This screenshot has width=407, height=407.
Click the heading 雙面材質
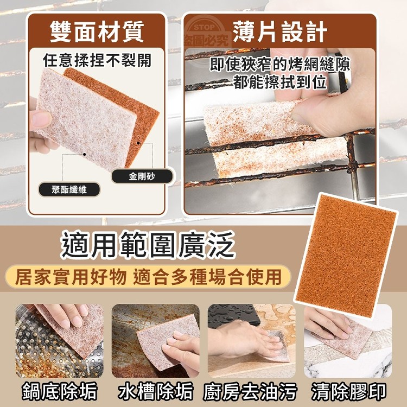click(97, 31)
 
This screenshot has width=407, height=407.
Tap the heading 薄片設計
click(280, 31)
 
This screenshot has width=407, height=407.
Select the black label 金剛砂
click(142, 176)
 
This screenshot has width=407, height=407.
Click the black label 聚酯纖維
click(69, 190)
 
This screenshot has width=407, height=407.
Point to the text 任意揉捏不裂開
click(97, 61)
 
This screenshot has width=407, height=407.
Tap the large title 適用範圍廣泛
click(148, 245)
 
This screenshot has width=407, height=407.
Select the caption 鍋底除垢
click(60, 391)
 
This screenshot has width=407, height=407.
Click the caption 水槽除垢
click(156, 391)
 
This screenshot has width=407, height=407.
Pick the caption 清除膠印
click(348, 391)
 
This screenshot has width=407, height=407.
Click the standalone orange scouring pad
click(345, 256)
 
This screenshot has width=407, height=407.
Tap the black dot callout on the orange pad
click(138, 143)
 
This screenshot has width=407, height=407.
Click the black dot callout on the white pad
click(84, 155)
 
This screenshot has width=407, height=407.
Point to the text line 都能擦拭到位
click(280, 82)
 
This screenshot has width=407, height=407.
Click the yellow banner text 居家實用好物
click(71, 277)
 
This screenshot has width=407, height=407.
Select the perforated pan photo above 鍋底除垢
click(60, 341)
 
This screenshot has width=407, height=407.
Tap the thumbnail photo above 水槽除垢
click(156, 341)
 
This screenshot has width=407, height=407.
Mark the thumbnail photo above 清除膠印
click(348, 341)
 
